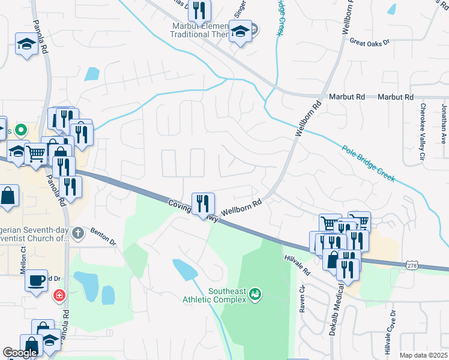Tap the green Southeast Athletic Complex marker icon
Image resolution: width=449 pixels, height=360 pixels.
click(x=256, y=294)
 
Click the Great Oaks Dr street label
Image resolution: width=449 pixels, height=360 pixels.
click(x=370, y=42)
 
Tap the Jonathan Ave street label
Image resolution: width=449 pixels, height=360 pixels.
click(x=444, y=124)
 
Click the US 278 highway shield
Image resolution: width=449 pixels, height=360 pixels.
click(x=412, y=265)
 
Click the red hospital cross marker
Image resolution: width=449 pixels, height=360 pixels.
click(x=59, y=295)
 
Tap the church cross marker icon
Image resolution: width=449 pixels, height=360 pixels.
click(x=77, y=232)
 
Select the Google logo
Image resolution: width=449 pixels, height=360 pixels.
click(x=20, y=353)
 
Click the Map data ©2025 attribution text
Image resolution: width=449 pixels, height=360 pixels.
click(x=423, y=355)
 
